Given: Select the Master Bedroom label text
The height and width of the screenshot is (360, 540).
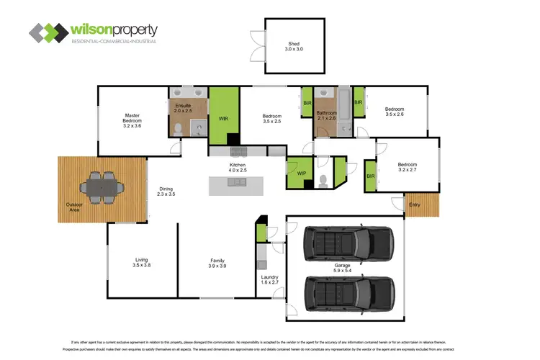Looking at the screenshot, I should (x=132, y=120).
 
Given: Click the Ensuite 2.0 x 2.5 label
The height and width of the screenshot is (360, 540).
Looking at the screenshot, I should (x=184, y=109).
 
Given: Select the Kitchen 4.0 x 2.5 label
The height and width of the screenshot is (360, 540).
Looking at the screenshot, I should (x=238, y=168).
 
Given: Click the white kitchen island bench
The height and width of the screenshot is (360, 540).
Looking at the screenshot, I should (x=236, y=185).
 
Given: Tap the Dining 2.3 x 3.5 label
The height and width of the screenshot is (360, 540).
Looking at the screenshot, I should (x=166, y=192).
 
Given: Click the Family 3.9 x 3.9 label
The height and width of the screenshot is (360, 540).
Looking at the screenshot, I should (x=217, y=264).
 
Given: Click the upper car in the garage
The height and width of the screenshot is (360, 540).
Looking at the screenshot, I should (x=349, y=243).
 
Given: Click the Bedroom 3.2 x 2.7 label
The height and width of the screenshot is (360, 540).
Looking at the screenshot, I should (x=408, y=167).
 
